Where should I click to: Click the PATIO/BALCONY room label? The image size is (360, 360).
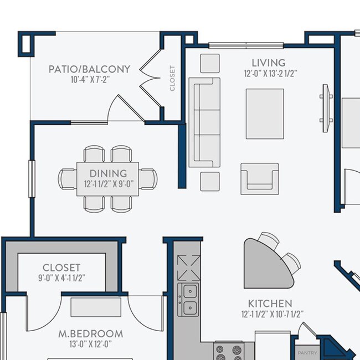coord(89,69)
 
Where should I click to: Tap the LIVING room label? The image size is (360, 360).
coord(268,63)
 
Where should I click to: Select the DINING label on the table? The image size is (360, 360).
coord(108,173)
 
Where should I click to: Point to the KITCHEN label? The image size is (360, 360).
coord(269,304)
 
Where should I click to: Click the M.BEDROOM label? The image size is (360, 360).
coord(91,334)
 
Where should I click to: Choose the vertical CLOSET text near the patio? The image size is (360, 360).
coord(172,79)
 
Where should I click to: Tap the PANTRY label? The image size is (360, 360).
coord(307,352)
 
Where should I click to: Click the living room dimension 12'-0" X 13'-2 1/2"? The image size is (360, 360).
coord(270,73)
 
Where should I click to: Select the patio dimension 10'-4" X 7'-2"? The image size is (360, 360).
coord(89,80)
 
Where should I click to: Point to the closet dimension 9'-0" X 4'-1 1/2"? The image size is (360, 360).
coord(61,277)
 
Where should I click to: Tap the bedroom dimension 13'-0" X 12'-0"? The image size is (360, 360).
coord(91,344)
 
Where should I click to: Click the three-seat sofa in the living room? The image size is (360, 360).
coord(204,122)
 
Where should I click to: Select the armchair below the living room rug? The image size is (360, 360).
coord(259,178)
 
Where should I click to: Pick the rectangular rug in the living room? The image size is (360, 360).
coord(265,114)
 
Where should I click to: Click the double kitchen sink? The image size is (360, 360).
coord(188,299)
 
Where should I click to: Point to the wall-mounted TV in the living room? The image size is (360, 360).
coord(326,107)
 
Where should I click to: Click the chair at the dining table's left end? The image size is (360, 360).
coord(67,178)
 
